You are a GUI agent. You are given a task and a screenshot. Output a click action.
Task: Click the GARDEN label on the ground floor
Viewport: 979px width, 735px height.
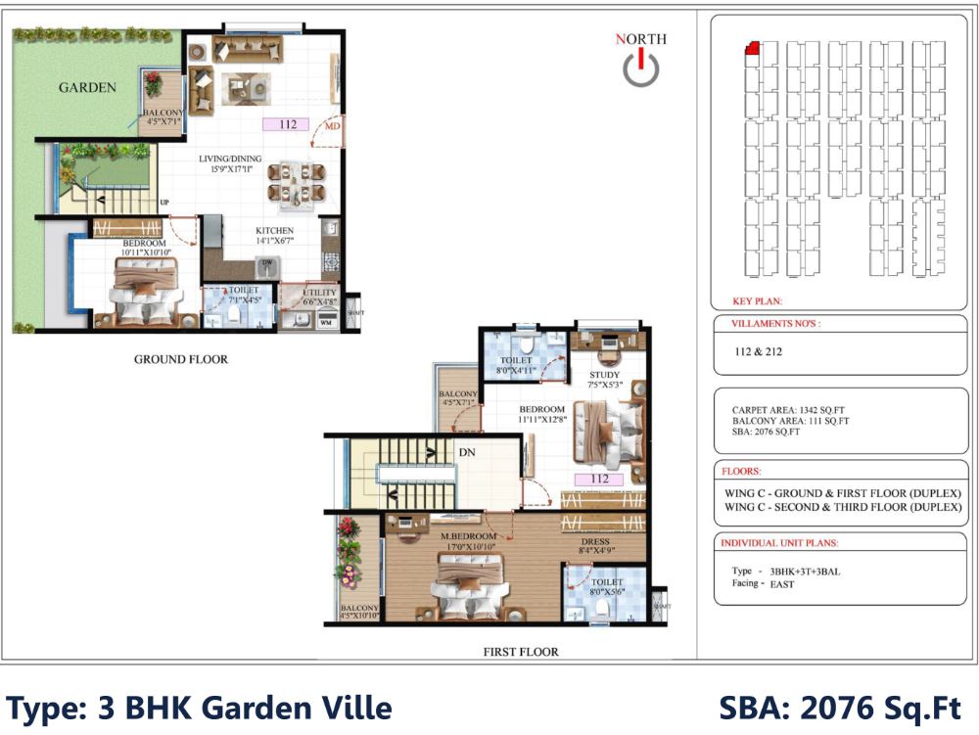tap(87, 88)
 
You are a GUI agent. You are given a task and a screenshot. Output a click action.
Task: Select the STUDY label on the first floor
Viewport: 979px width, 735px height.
tap(605, 375)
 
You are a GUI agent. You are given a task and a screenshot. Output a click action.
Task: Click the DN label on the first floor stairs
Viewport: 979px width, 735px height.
tap(468, 453)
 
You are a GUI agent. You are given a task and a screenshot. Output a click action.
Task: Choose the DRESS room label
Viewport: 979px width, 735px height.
tap(594, 541)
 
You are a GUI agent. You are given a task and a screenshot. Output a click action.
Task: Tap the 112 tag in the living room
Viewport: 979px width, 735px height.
tap(287, 124)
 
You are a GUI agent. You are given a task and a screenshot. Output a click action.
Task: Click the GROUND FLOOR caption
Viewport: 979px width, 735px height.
tap(181, 359)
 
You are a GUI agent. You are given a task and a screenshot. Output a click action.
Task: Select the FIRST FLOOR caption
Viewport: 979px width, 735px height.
tap(521, 651)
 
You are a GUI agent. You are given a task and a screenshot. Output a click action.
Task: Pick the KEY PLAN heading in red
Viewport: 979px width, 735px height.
tap(757, 301)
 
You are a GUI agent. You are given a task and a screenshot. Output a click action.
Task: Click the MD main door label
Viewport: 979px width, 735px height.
tap(333, 126)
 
